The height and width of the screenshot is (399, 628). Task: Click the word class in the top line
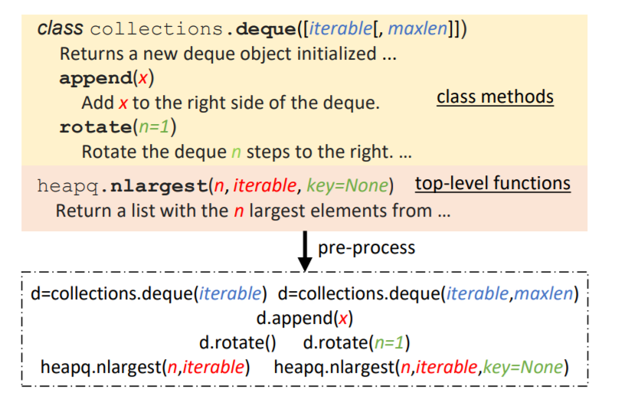tap(61, 29)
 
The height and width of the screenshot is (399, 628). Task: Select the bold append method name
tap(95, 78)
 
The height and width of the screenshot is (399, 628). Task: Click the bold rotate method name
tap(95, 127)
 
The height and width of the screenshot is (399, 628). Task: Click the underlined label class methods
tap(495, 97)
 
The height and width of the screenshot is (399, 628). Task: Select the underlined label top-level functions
tap(492, 184)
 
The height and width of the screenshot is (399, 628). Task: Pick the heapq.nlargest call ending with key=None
tap(421, 367)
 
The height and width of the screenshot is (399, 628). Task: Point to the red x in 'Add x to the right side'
tap(122, 103)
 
